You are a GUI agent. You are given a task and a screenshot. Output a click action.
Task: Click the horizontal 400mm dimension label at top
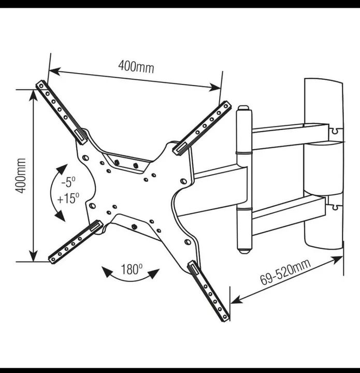click(136, 66)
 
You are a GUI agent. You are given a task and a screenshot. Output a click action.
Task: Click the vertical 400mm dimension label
click(20, 176)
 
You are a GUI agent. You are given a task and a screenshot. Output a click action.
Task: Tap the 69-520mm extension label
click(285, 272)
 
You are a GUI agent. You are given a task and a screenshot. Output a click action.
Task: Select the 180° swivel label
click(132, 269)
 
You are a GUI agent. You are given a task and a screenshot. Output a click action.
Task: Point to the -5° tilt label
click(68, 182)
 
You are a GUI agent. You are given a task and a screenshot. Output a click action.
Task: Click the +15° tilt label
click(68, 198)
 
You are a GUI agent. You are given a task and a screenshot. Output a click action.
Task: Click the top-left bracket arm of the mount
click(62, 112)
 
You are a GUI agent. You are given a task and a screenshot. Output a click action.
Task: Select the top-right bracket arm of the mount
click(201, 128)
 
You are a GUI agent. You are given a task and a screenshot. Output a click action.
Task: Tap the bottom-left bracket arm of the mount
click(76, 242)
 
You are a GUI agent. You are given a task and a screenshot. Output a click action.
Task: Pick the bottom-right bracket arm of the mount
click(209, 291)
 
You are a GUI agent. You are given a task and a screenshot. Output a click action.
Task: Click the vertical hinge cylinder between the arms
click(244, 180)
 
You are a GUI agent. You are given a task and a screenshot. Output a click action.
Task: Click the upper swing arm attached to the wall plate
click(291, 136)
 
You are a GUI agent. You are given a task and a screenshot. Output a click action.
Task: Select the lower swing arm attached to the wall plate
click(289, 215)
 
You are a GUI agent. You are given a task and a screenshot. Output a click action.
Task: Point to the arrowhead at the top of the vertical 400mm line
click(34, 95)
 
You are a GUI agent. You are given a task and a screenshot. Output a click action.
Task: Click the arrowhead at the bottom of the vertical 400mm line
click(34, 256)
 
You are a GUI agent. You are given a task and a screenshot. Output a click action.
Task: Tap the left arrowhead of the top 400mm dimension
click(54, 71)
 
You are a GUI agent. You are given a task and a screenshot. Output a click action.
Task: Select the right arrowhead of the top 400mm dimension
click(215, 88)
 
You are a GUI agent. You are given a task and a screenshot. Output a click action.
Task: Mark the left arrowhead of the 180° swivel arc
click(107, 271)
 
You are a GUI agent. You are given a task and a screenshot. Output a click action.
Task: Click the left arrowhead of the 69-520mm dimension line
click(237, 300)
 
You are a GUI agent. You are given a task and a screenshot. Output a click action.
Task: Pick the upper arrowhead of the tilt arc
click(62, 169)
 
